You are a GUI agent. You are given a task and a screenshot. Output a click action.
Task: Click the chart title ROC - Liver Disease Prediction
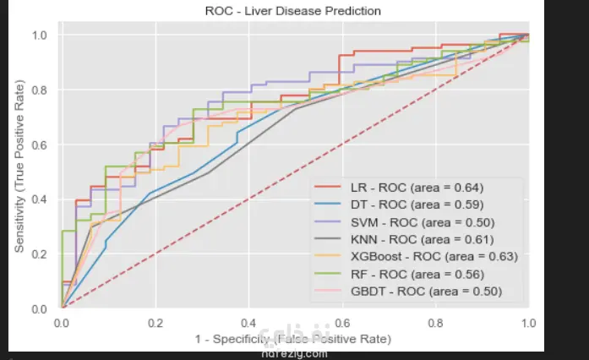(293, 11)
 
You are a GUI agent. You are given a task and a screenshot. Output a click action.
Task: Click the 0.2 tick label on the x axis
(155, 324)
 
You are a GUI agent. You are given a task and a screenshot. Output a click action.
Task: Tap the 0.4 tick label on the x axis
(248, 324)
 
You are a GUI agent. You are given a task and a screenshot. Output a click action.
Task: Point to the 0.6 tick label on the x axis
(341, 324)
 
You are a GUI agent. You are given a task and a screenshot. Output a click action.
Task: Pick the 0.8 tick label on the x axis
(435, 324)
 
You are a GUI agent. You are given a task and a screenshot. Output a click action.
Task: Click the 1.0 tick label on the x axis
(528, 324)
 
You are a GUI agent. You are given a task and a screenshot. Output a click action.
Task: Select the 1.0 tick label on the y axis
(40, 35)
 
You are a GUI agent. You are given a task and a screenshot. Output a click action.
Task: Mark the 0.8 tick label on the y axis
(40, 90)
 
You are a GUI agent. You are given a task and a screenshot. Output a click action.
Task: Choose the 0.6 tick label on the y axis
(40, 145)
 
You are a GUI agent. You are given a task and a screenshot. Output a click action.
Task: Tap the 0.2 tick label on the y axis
(40, 254)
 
